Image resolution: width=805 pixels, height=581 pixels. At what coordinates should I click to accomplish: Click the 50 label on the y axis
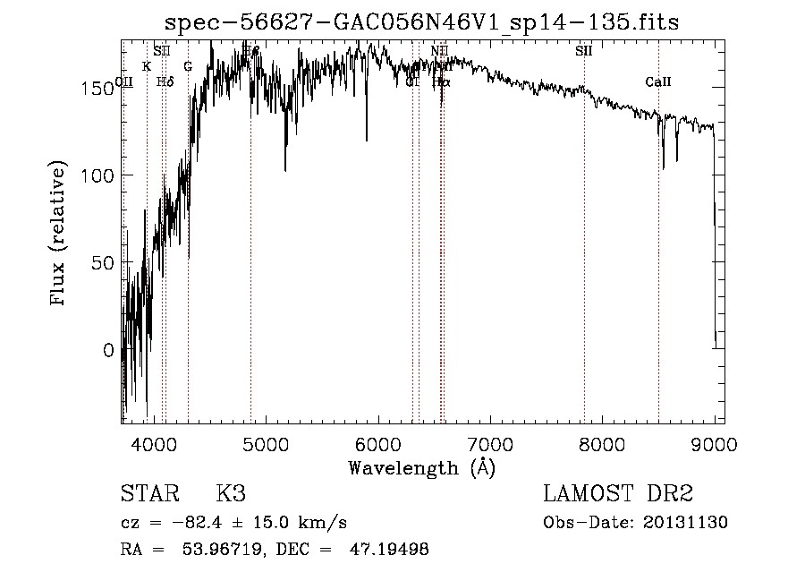coord(103,263)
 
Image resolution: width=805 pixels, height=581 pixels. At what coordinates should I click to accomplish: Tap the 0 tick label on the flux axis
coord(108,351)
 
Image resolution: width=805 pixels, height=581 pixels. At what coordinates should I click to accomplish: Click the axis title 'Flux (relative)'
coord(60,235)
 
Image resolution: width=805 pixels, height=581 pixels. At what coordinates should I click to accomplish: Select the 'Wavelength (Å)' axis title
coord(421,467)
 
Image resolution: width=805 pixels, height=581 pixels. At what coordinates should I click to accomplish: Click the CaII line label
coord(658,82)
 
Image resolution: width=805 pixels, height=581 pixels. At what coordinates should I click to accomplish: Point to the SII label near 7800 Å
coord(584,51)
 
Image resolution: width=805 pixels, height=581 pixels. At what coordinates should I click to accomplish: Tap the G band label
coord(188,66)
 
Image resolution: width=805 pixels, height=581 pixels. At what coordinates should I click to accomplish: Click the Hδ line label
coord(165,81)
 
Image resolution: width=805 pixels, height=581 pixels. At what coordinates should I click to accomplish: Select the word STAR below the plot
coord(148,494)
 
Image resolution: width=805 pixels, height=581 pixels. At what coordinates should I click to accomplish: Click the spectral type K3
coord(231,494)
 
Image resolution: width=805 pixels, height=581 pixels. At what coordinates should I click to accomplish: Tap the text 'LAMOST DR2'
coord(618,494)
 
